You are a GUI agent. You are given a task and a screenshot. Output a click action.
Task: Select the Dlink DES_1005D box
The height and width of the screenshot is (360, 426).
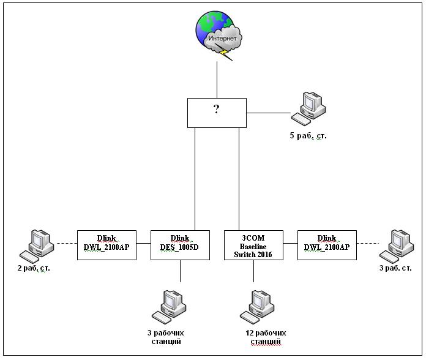[180, 245]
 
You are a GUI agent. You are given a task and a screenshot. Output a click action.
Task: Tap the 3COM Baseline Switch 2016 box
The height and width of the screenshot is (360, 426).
[253, 245]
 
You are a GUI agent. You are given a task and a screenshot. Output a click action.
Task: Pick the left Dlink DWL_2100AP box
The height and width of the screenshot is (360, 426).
[106, 245]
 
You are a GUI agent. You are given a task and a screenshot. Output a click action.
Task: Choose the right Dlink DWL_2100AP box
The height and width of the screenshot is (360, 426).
[327, 245]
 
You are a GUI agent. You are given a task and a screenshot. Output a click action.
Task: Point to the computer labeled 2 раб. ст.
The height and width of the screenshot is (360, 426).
[37, 244]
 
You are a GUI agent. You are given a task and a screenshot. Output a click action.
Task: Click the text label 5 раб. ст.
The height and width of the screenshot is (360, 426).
[308, 136]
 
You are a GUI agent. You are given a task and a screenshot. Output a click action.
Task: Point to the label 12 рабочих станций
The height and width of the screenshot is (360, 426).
[265, 337]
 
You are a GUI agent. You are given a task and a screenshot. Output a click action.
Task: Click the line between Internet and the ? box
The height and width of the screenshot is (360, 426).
[217, 80]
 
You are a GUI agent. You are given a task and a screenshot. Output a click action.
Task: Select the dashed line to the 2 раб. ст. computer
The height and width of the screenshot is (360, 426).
[65, 244]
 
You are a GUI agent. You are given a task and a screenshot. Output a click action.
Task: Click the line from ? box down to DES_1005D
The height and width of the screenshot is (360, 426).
[195, 178]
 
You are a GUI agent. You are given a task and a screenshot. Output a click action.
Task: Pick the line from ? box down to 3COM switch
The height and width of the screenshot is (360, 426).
[239, 178]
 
